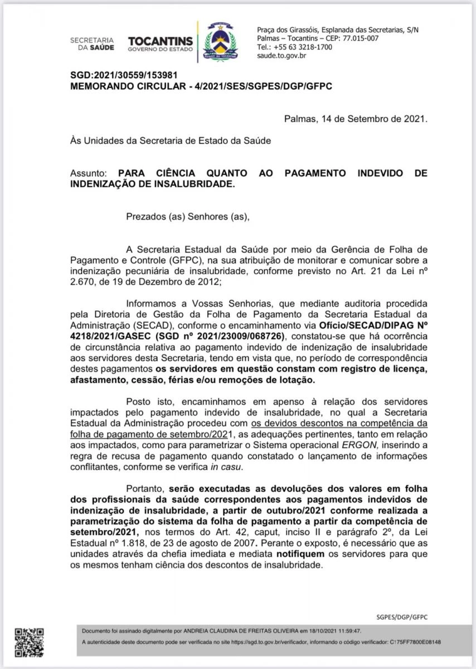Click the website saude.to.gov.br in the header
coord(281,56)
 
